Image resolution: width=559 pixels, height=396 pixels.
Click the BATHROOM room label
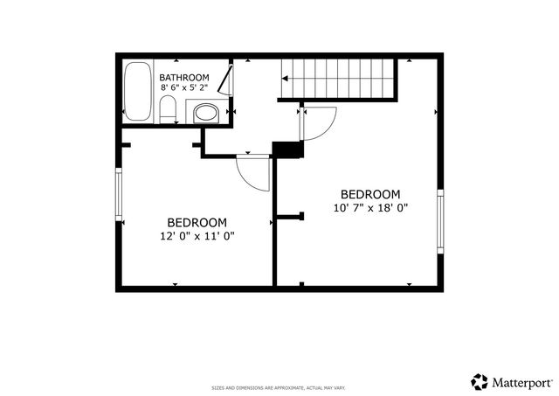click(x=184, y=77)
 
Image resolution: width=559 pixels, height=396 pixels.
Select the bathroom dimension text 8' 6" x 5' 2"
click(x=184, y=87)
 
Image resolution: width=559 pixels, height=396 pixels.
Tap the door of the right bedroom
click(x=318, y=122)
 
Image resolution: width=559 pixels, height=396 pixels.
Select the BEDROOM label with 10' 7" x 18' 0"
click(x=370, y=194)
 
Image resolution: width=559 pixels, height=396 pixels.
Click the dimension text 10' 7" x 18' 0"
click(x=370, y=208)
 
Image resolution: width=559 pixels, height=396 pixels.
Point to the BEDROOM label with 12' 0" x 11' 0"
click(x=197, y=222)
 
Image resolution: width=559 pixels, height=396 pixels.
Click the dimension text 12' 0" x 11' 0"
click(x=197, y=236)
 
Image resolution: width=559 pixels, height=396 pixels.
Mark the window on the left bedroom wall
click(x=120, y=194)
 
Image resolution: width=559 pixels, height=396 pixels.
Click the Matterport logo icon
click(x=480, y=381)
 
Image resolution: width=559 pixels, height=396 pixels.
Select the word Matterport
click(x=521, y=382)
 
